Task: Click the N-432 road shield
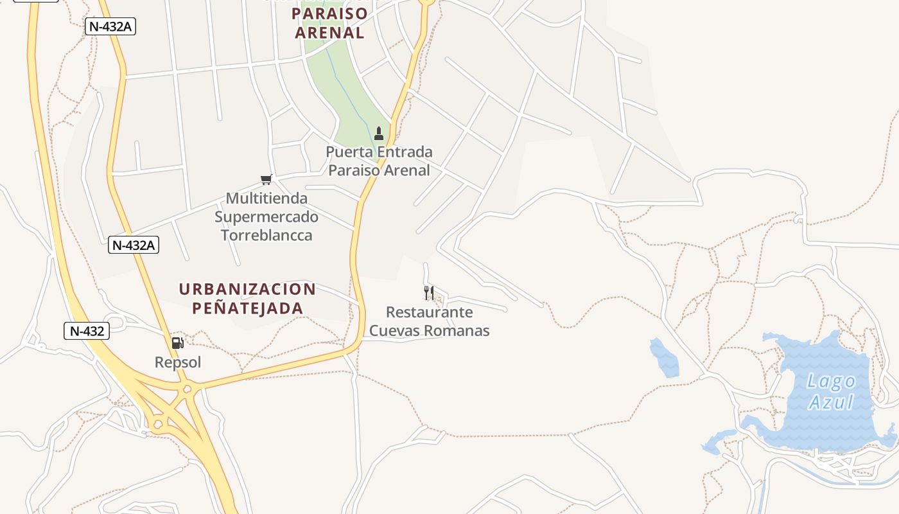tap(87, 332)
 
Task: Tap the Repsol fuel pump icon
tap(177, 343)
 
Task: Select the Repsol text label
tap(178, 362)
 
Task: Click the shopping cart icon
tap(266, 179)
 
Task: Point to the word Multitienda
tap(266, 199)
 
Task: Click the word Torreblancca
tap(266, 235)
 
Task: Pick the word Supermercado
tap(266, 217)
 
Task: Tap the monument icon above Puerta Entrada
tap(379, 134)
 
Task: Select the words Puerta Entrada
tap(379, 152)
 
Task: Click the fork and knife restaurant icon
tap(429, 294)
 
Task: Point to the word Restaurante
tap(429, 313)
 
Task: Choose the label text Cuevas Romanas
tap(429, 331)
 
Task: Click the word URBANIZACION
tap(247, 289)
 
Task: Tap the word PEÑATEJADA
tap(247, 308)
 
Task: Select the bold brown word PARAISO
tap(329, 13)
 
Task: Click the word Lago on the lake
tap(831, 381)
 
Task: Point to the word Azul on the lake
tap(831, 403)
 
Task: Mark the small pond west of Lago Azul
tap(665, 358)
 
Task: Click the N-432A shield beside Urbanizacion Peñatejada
tap(134, 245)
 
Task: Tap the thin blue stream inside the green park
tap(347, 90)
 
